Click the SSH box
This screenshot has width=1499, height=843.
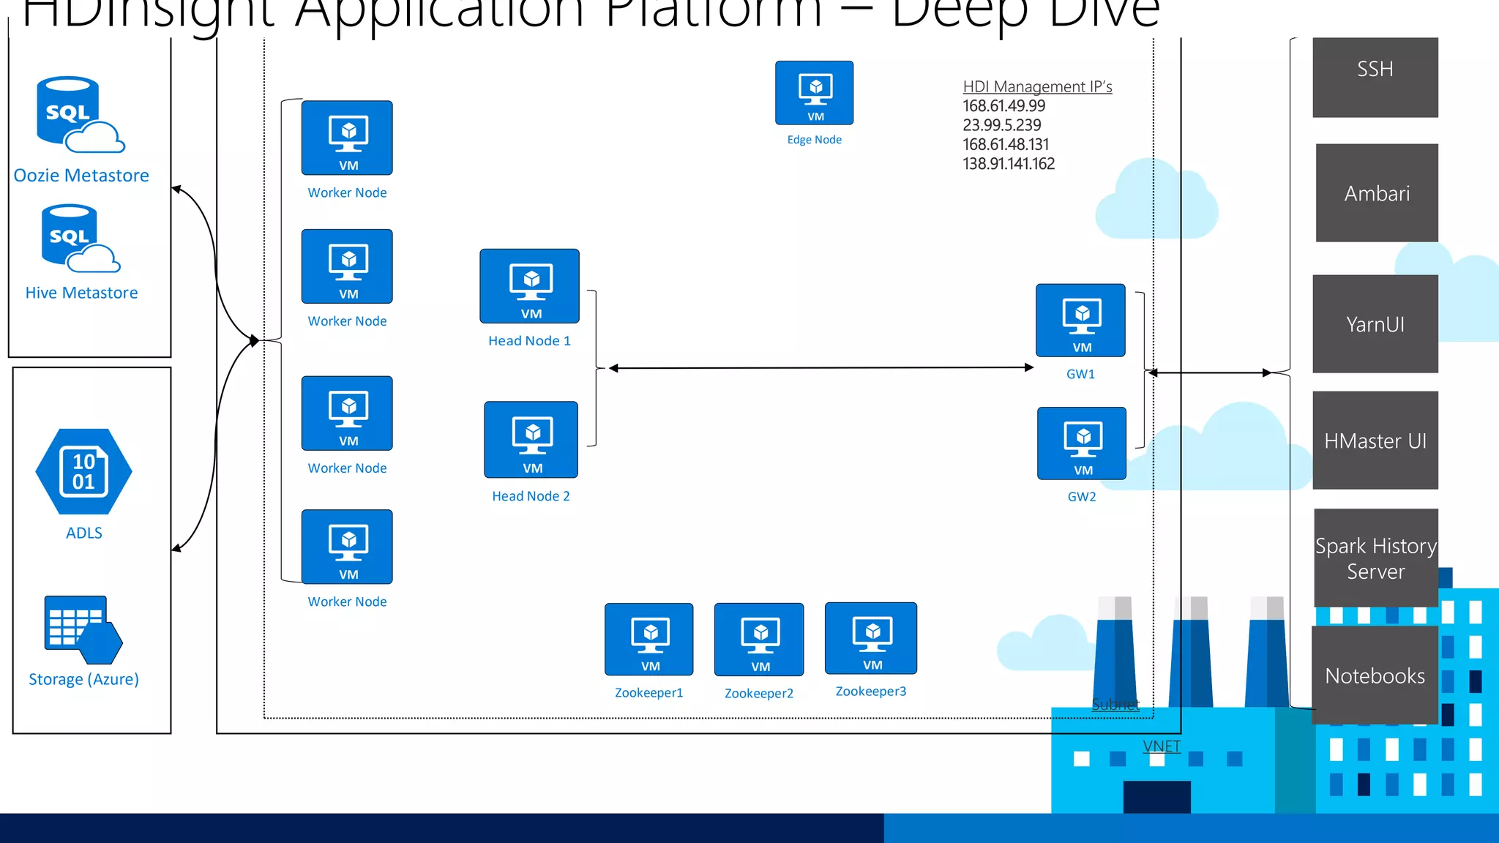(1375, 77)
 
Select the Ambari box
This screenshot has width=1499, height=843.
(1376, 192)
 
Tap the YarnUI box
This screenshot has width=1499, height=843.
(1375, 323)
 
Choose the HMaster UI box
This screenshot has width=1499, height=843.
(1375, 440)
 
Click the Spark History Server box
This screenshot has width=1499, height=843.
(1375, 558)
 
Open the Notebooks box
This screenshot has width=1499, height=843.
(1375, 675)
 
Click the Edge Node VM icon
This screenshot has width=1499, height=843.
(814, 93)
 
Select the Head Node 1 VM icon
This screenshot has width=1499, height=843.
(529, 286)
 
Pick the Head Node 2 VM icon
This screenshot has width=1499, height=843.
(531, 439)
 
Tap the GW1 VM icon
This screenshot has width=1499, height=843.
(1080, 321)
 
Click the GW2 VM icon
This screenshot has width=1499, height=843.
(1081, 443)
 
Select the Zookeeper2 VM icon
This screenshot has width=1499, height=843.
(759, 639)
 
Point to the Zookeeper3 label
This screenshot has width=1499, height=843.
(870, 692)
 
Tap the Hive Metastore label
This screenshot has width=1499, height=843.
(81, 293)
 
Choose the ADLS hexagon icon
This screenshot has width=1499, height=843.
(83, 472)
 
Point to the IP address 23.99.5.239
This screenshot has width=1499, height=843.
(1001, 125)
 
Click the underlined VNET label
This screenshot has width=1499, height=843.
(1162, 746)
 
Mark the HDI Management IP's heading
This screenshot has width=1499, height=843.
(1037, 86)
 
